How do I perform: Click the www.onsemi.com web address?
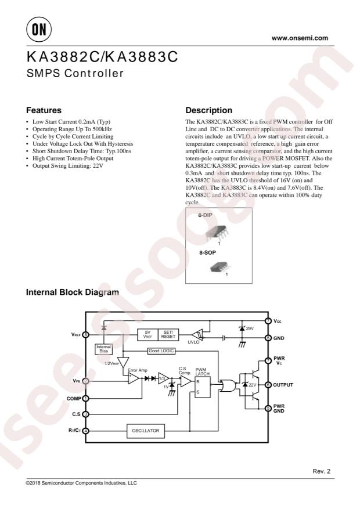[300, 39]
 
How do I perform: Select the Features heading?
[44, 110]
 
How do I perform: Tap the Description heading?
[208, 110]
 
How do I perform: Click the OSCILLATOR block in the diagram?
[146, 431]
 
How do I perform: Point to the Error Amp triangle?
[134, 378]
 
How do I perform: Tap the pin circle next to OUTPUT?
[268, 385]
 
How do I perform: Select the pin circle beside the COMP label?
[86, 398]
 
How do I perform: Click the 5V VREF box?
[147, 335]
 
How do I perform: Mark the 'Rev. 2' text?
[321, 471]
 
